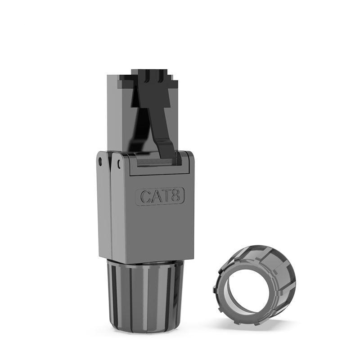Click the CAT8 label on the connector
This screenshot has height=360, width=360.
(160, 197)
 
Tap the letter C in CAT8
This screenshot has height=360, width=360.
(145, 197)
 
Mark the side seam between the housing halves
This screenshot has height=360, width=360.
(111, 207)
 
